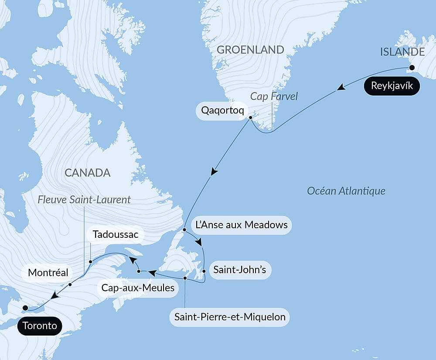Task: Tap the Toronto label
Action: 40,326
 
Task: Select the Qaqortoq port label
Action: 220,110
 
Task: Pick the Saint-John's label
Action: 239,270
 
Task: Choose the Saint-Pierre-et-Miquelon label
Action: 230,317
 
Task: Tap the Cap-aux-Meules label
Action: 138,288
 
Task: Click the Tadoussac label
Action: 116,235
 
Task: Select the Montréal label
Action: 48,273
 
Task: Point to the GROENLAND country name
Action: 250,50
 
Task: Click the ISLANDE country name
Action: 402,52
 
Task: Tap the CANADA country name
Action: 87,173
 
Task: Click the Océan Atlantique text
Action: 346,191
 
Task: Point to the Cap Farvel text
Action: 274,96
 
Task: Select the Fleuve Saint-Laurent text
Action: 84,200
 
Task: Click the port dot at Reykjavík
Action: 411,68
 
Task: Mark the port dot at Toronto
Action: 25,308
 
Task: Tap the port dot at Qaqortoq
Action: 251,117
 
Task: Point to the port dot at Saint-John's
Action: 204,271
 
